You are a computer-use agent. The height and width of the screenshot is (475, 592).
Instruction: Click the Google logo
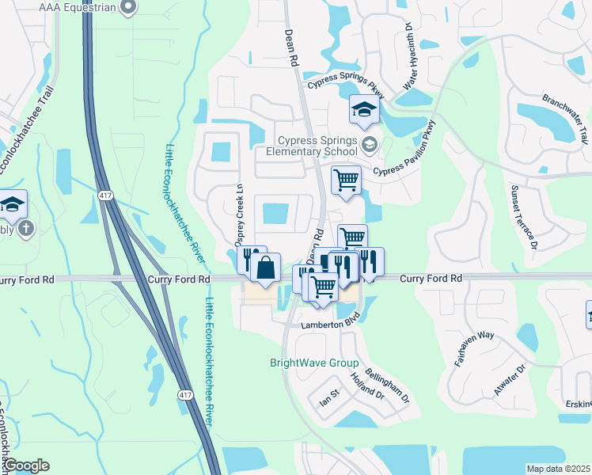click(x=26, y=465)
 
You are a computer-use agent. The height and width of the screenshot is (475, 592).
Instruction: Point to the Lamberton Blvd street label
click(x=330, y=325)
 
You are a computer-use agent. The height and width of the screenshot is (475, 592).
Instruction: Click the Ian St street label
click(x=329, y=397)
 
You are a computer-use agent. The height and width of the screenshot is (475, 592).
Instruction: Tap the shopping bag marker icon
click(x=267, y=268)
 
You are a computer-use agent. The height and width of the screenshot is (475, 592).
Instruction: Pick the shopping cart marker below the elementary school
click(x=346, y=180)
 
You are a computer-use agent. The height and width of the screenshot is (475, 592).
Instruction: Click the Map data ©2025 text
click(x=558, y=469)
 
